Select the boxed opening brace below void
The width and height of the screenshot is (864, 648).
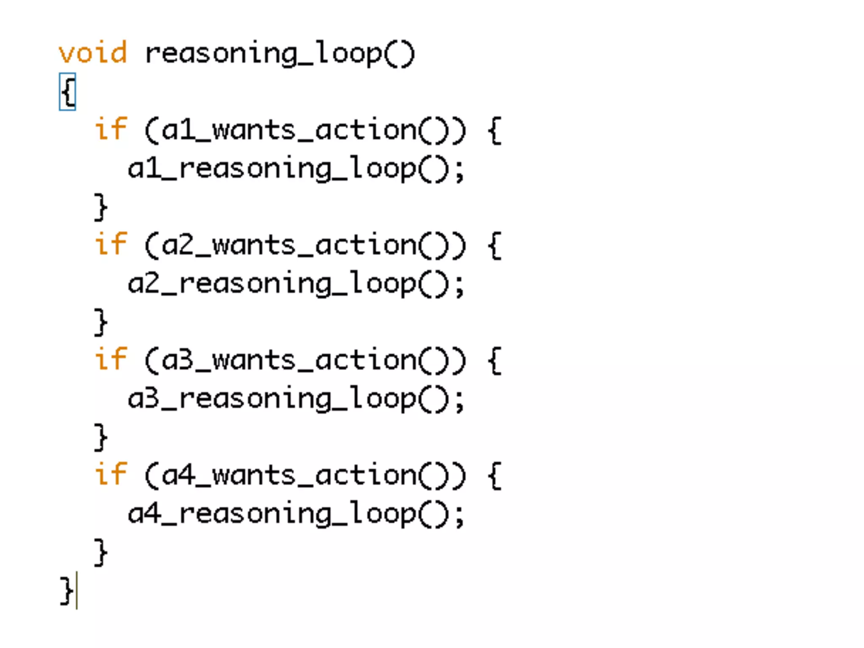[68, 92]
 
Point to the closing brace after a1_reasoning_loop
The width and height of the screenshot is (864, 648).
[100, 207]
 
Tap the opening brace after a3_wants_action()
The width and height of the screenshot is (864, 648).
[494, 361]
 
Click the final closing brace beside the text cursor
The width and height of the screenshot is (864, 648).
[67, 591]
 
